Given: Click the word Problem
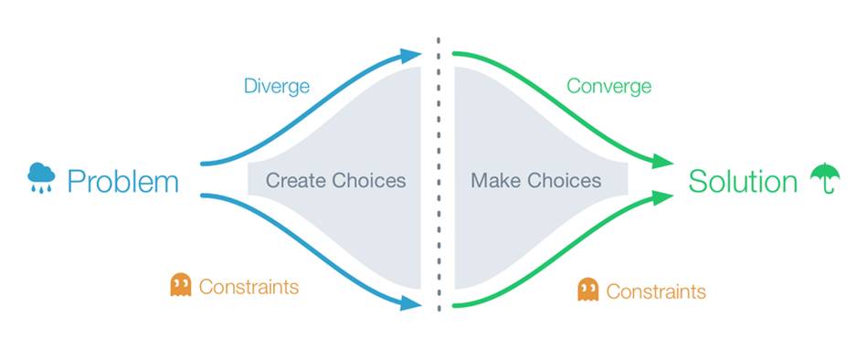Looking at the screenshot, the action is [123, 182].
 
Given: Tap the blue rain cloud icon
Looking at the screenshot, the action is [41, 177].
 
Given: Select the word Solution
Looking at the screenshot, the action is [743, 182].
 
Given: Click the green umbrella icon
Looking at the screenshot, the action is [825, 178].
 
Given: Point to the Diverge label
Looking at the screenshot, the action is [277, 87].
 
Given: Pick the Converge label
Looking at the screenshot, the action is [609, 87].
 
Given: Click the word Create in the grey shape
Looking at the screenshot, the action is [297, 181].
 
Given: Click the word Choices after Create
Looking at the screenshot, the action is [369, 181].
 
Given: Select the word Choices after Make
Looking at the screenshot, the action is [564, 181].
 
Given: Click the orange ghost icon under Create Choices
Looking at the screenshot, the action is [181, 285].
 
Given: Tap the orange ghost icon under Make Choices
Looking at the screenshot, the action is [587, 289].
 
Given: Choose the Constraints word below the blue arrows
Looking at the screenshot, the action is [249, 287].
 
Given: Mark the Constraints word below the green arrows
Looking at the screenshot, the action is [656, 291].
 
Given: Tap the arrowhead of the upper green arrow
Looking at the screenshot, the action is [662, 163].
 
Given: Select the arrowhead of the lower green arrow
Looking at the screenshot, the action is [662, 196].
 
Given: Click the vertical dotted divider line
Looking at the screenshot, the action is [439, 175].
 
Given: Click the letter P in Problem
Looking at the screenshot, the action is [75, 182].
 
